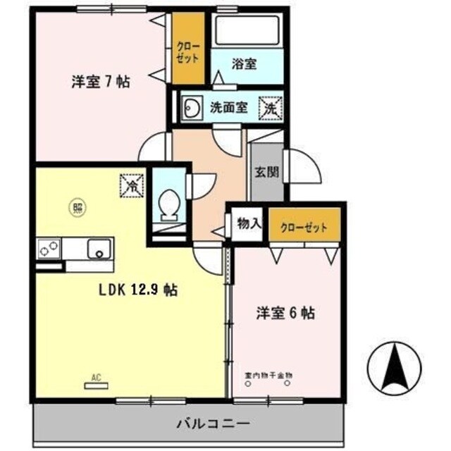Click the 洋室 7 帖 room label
99,81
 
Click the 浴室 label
244,63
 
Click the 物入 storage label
249,224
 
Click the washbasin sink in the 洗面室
191,108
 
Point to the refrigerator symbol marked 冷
131,185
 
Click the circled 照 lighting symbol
78,206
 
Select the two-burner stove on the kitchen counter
49,249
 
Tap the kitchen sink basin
99,249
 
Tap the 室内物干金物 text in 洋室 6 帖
268,375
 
